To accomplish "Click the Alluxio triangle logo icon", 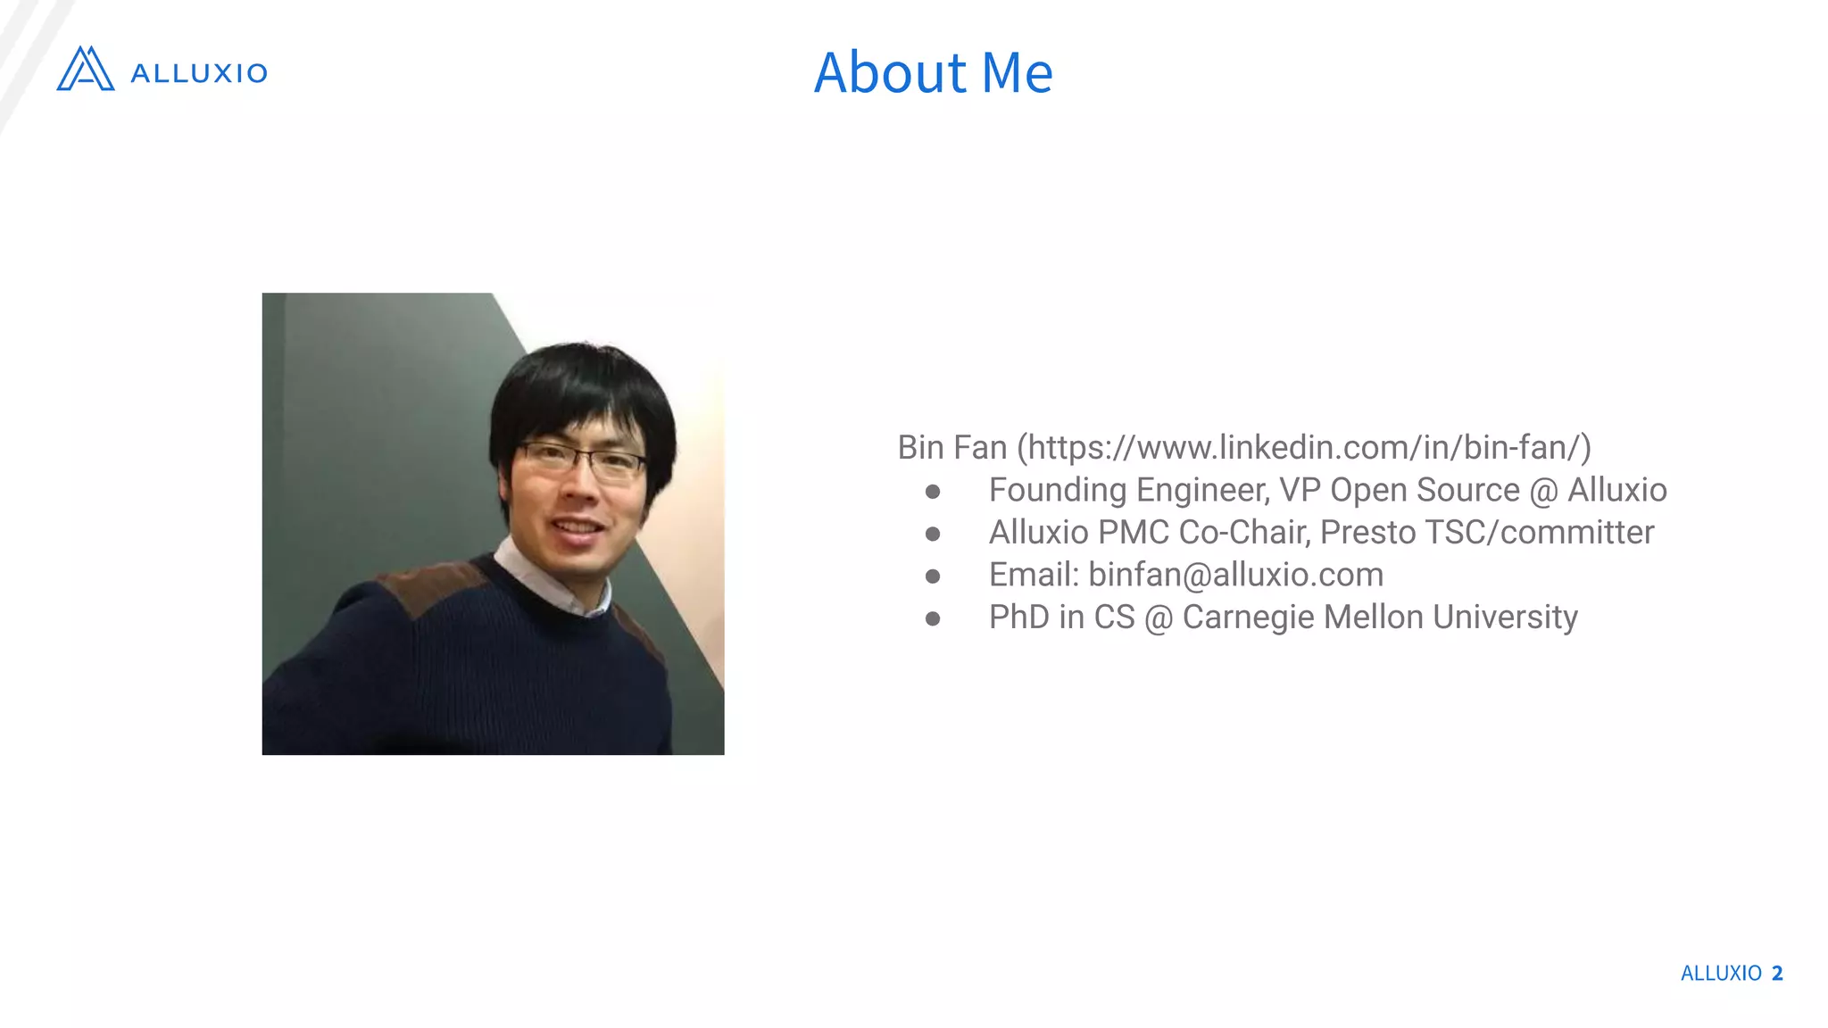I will coord(86,69).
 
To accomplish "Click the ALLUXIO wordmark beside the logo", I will coord(199,73).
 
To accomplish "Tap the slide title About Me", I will coord(933,72).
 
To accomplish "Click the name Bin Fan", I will coord(951,447).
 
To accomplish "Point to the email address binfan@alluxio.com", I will coord(1235,575).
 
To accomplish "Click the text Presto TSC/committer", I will coord(1486,533).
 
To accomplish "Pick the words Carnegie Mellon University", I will coord(1379,618).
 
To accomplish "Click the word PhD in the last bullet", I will coord(1018,618).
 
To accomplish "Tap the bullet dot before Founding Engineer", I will coord(933,492).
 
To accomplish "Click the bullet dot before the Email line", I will coord(933,576).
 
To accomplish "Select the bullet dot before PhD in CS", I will coord(933,618).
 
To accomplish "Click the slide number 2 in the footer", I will coord(1777,973).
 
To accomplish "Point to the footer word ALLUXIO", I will coord(1721,973).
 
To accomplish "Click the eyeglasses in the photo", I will coord(582,460).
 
